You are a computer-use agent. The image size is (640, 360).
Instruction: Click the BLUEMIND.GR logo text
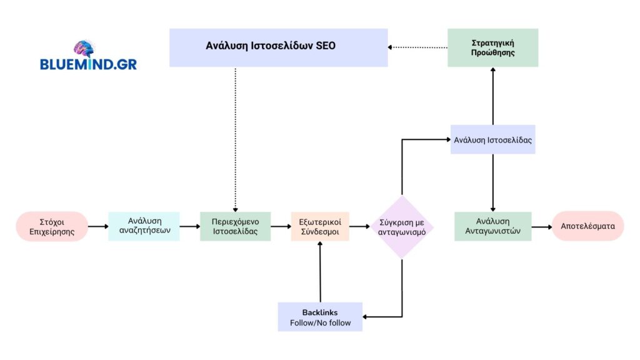88,64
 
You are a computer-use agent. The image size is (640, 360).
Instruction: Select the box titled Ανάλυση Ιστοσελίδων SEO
278,47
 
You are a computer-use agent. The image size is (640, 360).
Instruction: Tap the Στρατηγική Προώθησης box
492,47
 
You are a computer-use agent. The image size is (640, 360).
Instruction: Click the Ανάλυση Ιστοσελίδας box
492,139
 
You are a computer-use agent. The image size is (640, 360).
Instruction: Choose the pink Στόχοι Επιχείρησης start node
52,226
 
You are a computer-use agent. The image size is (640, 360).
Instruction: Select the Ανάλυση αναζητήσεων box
144,226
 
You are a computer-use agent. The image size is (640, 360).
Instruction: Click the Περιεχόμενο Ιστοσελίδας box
235,226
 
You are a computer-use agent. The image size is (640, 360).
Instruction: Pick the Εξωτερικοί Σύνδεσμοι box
320,226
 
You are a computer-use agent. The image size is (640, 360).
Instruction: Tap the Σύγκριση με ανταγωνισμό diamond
401,226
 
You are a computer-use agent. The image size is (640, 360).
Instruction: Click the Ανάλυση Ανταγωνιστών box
492,226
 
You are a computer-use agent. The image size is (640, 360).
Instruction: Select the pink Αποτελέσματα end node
587,226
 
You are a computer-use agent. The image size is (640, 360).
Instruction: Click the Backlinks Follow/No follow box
320,317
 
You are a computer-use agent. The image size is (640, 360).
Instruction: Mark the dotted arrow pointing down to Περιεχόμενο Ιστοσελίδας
235,137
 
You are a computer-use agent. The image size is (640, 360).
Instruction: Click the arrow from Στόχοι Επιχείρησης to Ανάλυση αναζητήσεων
98,226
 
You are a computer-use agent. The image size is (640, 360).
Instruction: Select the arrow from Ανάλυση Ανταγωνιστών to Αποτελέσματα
541,226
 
